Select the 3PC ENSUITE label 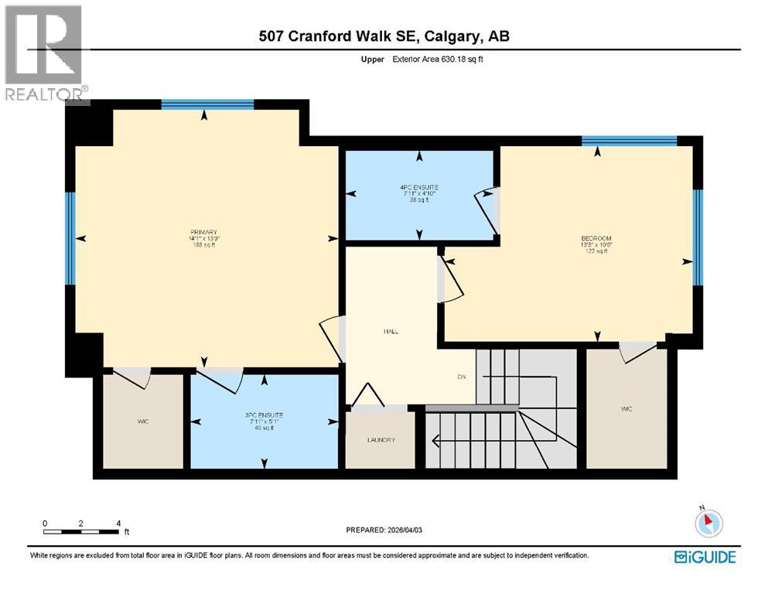point(265,415)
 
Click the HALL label point(391,331)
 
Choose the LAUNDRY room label point(381,440)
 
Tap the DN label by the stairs point(461,377)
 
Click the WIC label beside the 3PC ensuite point(143,421)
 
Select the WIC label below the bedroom point(626,408)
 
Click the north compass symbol point(708,524)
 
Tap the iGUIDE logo point(705,556)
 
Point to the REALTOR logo point(44,54)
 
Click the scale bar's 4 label point(118,523)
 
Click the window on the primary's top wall point(207,104)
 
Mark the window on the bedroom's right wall point(698,237)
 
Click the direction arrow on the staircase point(437,442)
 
